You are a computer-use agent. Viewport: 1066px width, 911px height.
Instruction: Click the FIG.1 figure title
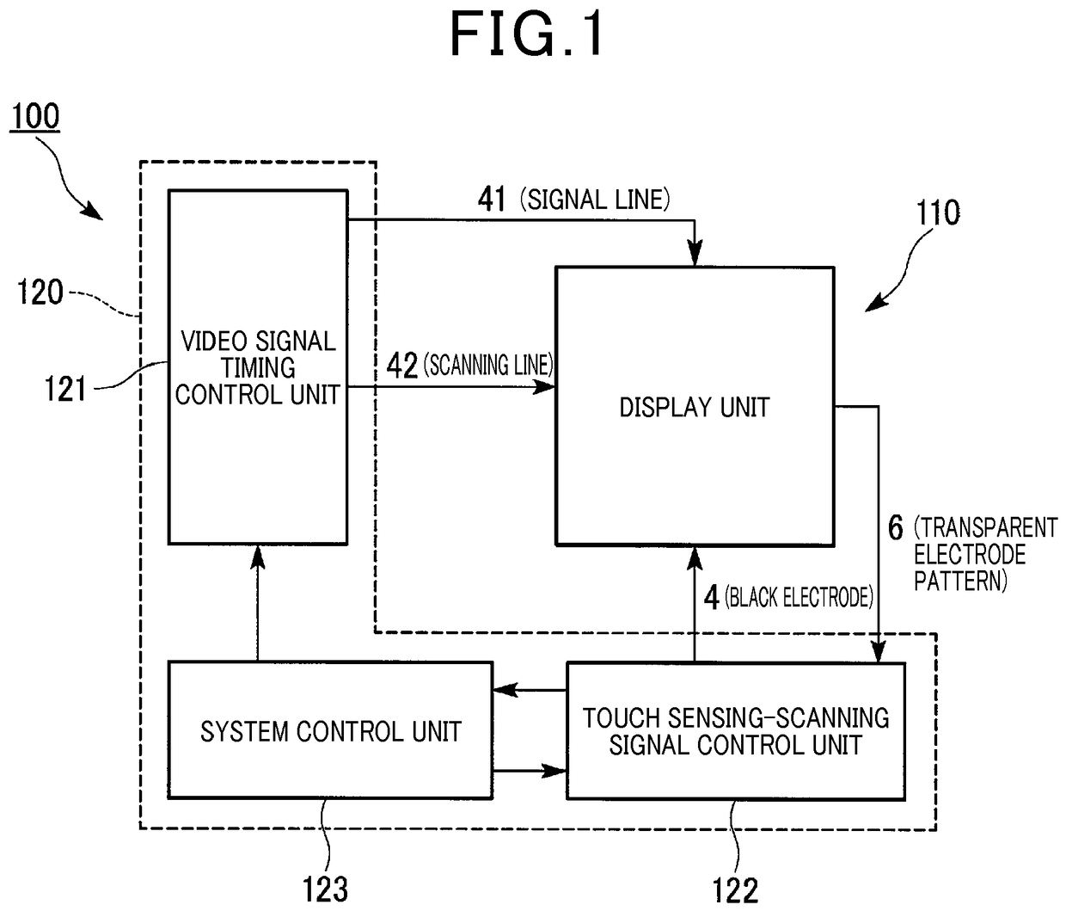[x=526, y=34]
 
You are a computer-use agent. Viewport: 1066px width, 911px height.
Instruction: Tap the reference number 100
[x=35, y=116]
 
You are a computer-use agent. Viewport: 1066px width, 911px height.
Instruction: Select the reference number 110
[x=938, y=212]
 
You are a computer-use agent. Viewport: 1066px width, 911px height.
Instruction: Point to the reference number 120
[x=40, y=292]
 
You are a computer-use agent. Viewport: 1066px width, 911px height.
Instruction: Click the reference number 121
[x=65, y=389]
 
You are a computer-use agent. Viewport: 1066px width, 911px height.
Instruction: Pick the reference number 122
[x=735, y=890]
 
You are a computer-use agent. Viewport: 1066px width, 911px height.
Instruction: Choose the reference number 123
[x=325, y=889]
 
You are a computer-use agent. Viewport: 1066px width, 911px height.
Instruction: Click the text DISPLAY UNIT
[x=694, y=407]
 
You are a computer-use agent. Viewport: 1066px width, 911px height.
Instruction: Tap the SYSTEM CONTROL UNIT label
[x=331, y=731]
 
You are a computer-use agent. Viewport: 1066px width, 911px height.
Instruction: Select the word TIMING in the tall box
[x=258, y=367]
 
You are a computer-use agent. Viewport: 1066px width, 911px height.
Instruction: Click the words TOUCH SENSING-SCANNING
[x=736, y=718]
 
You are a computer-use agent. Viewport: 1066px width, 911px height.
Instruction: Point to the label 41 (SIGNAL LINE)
[x=573, y=200]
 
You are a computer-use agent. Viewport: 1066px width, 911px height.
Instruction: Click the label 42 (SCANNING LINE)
[x=469, y=365]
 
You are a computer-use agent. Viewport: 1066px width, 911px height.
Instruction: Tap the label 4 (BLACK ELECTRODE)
[x=788, y=598]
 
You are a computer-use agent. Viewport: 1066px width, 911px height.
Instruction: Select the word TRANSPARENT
[x=985, y=528]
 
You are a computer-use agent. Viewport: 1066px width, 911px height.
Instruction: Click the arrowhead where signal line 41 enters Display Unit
[x=695, y=254]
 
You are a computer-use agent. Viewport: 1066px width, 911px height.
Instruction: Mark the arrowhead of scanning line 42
[x=543, y=386]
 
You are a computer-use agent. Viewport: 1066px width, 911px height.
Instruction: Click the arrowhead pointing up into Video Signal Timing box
[x=257, y=557]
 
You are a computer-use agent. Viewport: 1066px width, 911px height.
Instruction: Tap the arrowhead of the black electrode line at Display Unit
[x=694, y=558]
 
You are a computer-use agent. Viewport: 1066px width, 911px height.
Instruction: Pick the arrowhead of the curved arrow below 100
[x=93, y=211]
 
